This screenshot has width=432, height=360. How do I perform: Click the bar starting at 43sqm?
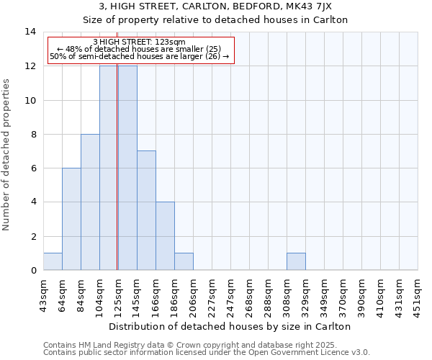(x=53, y=261)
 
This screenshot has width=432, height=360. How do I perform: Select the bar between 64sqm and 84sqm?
(x=71, y=219)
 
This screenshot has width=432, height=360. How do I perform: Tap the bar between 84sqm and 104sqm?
(x=90, y=202)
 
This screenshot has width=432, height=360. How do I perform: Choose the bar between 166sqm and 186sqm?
(x=165, y=236)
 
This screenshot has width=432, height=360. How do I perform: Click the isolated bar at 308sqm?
(x=296, y=261)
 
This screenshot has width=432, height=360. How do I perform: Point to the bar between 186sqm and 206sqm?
(x=184, y=261)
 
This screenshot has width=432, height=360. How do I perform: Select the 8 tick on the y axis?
(x=33, y=134)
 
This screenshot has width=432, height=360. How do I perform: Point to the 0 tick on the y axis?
(x=33, y=270)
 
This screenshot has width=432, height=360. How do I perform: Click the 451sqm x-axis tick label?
(x=418, y=295)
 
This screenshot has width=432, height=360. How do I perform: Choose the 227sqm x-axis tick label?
(x=212, y=295)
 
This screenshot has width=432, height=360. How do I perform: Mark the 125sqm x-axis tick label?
(x=119, y=295)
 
